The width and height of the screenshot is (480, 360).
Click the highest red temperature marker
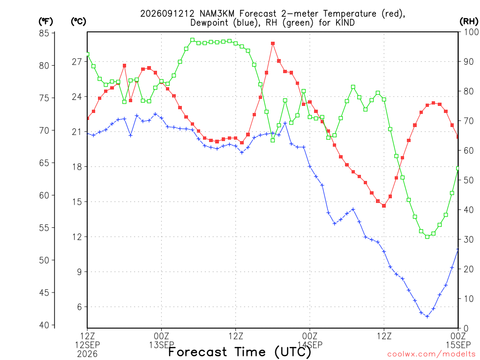pos(273,44)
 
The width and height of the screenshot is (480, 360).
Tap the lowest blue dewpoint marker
pos(427,316)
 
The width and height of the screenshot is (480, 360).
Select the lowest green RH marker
pos(427,237)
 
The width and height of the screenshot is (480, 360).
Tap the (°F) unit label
pos(45,22)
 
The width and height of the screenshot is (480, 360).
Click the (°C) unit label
pos(78,22)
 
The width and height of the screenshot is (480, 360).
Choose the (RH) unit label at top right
pos(469,22)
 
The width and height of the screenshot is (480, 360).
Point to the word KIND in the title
pos(345,22)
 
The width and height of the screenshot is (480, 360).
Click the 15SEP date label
pos(458,345)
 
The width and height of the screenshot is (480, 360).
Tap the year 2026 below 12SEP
pos(87,354)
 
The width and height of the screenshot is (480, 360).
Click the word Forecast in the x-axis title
pos(197,352)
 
